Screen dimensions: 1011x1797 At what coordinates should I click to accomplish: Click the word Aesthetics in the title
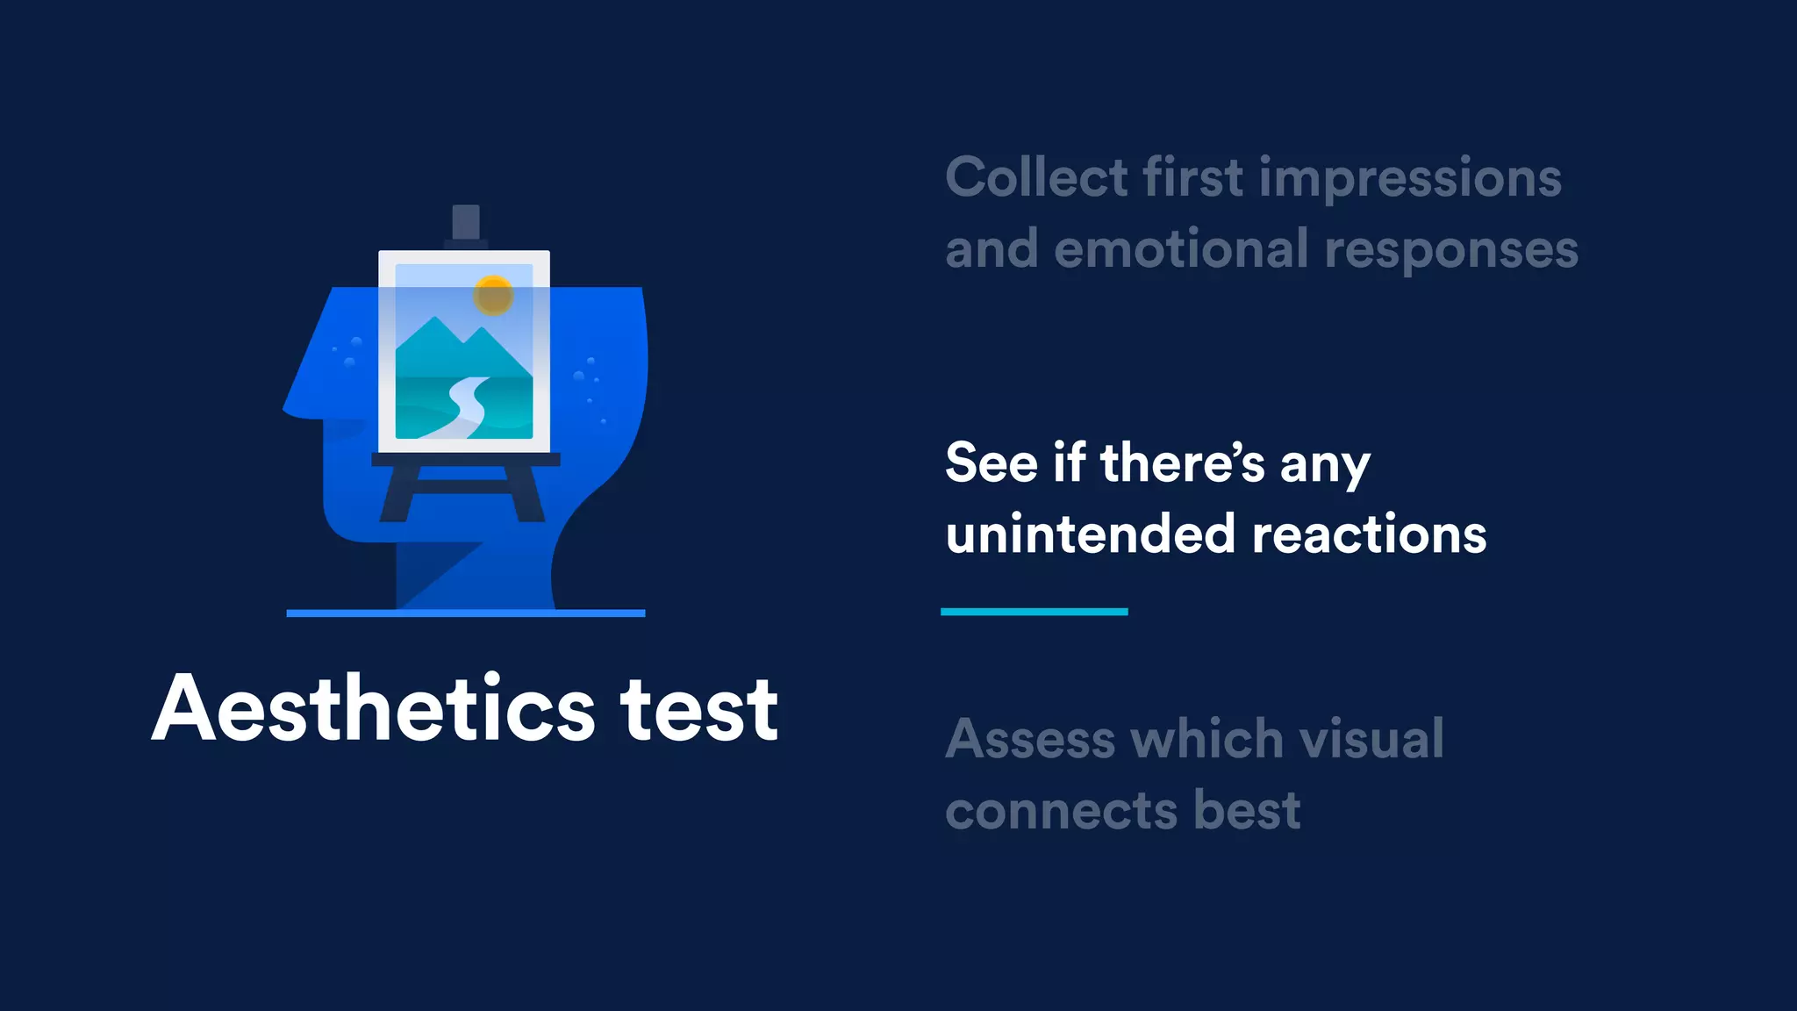374,709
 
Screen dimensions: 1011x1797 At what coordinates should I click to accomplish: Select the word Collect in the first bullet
1036,177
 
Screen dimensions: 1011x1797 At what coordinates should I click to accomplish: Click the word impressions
1410,179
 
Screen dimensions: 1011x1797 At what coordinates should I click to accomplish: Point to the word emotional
1181,249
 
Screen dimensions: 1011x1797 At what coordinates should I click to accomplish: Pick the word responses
1451,251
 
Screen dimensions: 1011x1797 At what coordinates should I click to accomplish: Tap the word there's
1182,462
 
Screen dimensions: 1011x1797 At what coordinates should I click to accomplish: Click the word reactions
1370,534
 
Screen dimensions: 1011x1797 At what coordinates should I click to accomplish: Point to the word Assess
1030,739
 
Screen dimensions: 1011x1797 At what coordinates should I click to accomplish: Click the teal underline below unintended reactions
1034,612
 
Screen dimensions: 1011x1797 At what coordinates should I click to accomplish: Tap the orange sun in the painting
493,295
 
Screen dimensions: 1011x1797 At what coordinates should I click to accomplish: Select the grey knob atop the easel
465,222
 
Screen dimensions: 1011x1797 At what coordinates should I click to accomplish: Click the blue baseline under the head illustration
465,613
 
